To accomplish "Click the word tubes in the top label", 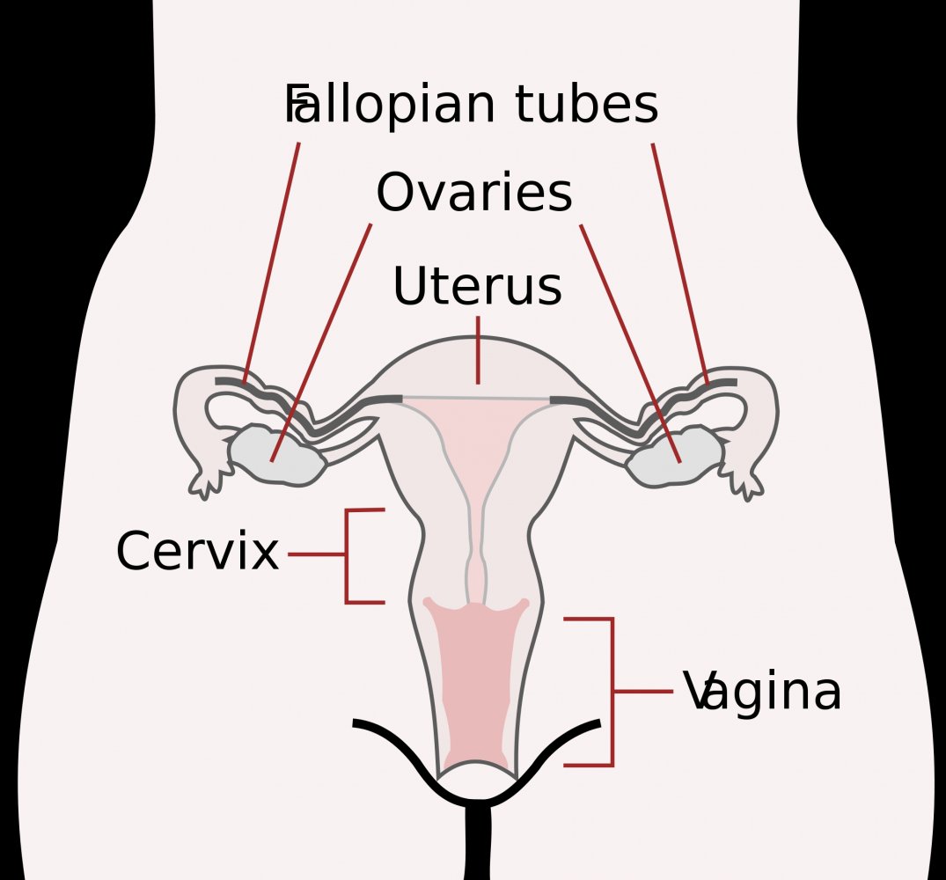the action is (586, 104).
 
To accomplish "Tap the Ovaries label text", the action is (474, 192).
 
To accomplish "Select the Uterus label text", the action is (477, 285).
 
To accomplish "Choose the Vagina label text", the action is (762, 691).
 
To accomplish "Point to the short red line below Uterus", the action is (479, 350).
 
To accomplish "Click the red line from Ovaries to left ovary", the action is (321, 342).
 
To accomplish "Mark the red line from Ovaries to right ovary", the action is (630, 343).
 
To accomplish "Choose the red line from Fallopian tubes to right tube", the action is (680, 264).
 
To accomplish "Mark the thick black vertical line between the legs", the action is (479, 842).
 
